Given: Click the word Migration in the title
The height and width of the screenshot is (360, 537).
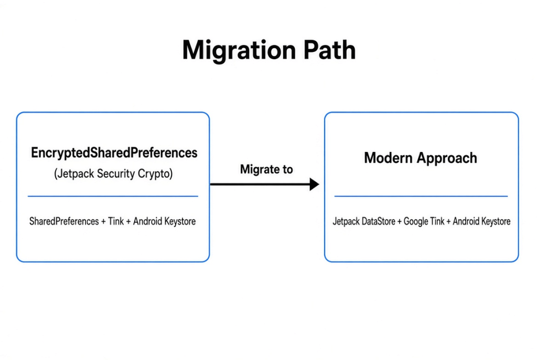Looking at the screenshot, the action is click(239, 51).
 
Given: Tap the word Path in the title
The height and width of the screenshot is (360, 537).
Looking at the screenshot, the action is click(329, 50).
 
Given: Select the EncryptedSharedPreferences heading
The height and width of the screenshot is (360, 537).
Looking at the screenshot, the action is click(114, 153).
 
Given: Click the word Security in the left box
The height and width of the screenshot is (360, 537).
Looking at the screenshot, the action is click(116, 173).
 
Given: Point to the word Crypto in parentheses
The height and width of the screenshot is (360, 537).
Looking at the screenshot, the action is click(155, 174).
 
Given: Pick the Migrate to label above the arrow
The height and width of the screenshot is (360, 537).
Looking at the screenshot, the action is click(266, 169).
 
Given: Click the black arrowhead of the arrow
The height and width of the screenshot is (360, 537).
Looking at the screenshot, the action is click(315, 184).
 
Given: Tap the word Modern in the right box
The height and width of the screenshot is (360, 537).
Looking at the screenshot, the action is click(389, 158).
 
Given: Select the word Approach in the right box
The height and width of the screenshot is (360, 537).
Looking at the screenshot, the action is click(447, 158).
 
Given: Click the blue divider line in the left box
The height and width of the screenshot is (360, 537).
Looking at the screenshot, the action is click(113, 196).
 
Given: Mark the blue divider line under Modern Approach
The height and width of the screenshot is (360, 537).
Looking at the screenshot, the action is click(421, 196).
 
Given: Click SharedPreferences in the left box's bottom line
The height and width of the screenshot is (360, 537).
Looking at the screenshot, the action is click(64, 222).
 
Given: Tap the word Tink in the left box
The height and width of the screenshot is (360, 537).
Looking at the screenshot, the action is click(116, 222).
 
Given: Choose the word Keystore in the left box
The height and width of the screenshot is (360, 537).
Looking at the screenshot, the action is click(180, 222).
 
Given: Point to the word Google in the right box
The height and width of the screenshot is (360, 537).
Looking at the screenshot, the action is click(416, 222).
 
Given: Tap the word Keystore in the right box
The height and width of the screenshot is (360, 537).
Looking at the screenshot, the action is click(495, 222).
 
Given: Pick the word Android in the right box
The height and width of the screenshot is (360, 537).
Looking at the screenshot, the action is click(465, 222).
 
